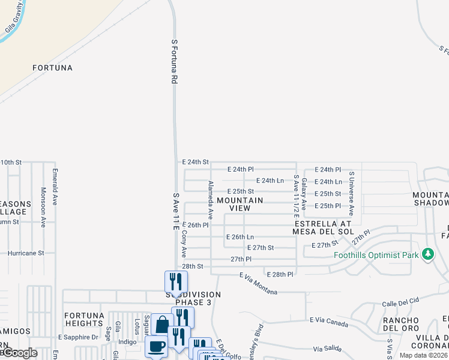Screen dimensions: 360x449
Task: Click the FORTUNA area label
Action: pos(53,68)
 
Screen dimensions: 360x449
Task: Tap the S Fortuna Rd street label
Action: pos(175,62)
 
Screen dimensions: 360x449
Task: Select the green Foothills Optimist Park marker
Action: pos(427,254)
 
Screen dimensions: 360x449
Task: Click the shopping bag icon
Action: pos(162,326)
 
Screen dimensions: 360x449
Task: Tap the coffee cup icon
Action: pos(157,347)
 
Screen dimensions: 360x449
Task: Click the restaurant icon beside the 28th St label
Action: pos(176,281)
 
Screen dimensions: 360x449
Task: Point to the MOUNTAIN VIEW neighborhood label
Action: pos(240,204)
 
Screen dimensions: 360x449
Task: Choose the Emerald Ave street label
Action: pos(55,188)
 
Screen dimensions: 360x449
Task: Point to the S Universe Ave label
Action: pos(351,194)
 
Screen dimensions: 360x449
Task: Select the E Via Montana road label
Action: pos(258,284)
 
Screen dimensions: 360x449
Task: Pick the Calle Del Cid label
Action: pos(399,304)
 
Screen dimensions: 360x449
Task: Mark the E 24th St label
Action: pos(195,162)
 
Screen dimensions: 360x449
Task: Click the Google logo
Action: pos(19,353)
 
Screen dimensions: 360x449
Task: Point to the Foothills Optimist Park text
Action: pos(376,254)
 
